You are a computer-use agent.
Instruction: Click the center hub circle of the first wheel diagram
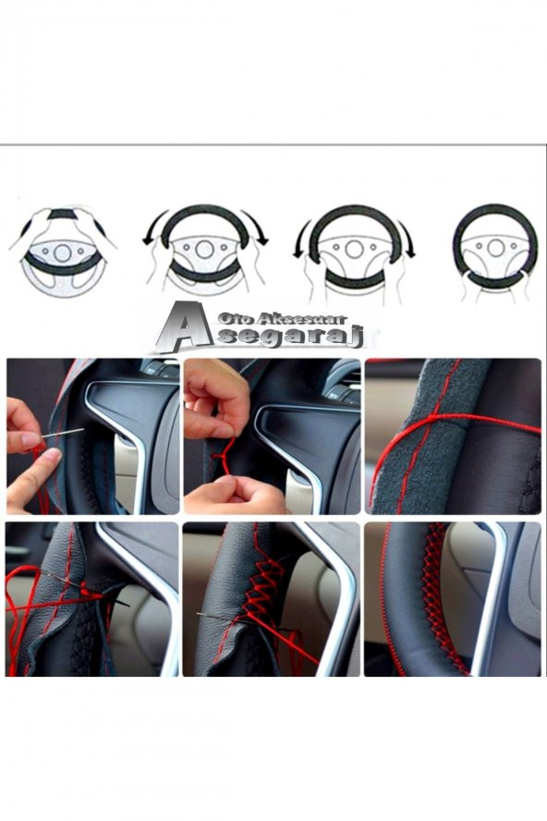62,253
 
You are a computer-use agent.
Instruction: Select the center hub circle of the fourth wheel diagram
495,248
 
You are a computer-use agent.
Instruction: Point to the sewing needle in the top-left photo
62,433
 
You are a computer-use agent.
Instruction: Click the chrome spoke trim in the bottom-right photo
490,597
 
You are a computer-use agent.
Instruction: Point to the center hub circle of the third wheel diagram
354,249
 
